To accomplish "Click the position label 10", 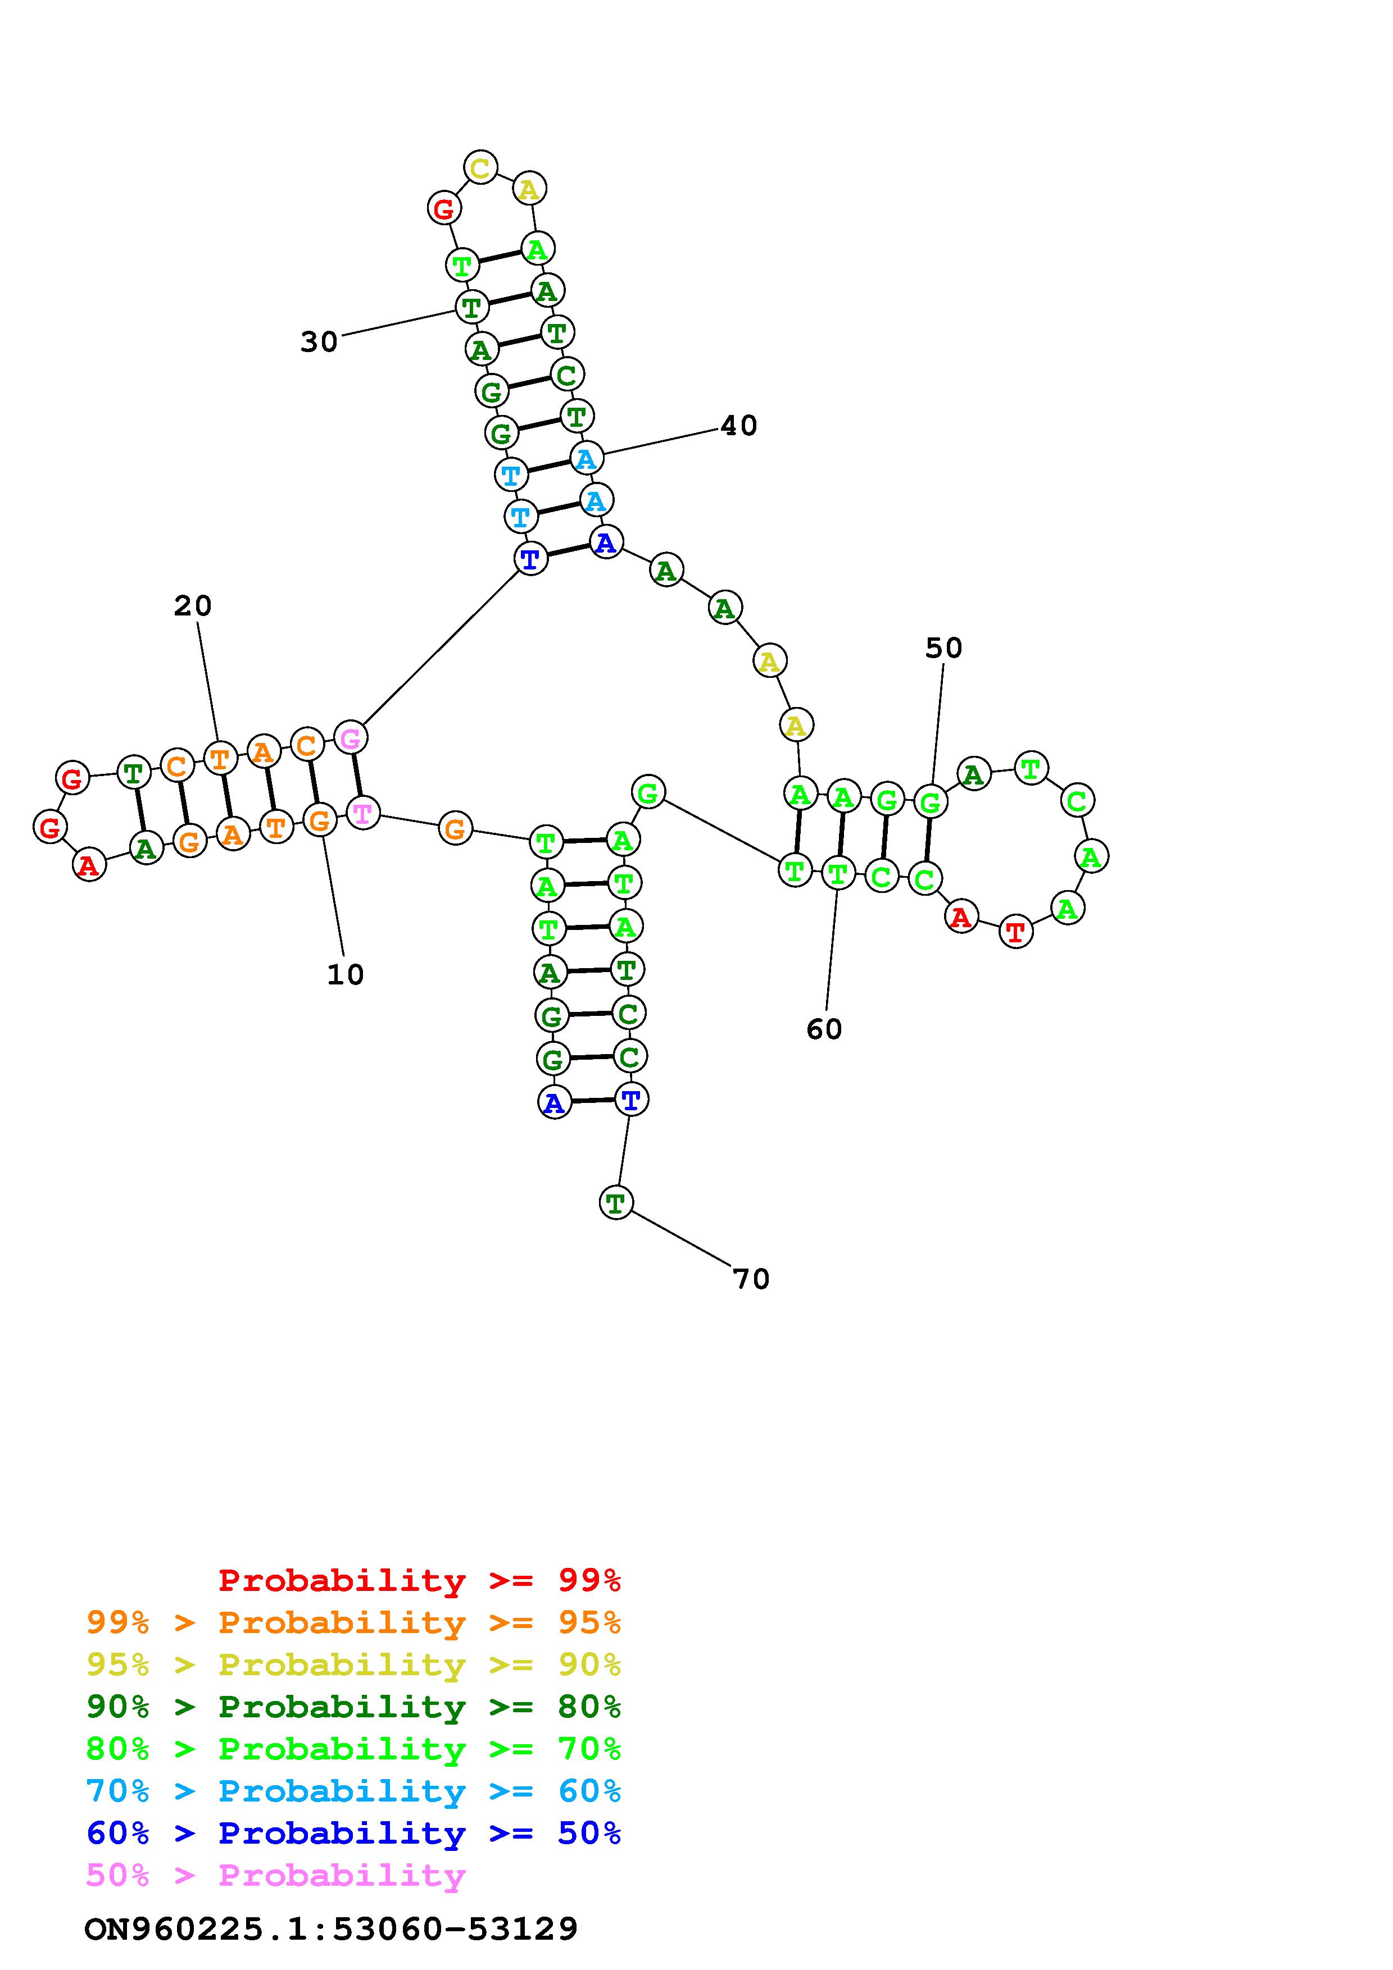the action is tap(345, 975).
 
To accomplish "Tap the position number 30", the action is tap(319, 343).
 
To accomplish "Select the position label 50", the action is tap(943, 648).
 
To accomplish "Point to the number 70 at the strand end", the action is tap(751, 1279).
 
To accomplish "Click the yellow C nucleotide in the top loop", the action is tap(480, 167).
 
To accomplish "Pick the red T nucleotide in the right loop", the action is tap(1016, 931).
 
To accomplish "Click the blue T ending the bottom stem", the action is tap(631, 1099).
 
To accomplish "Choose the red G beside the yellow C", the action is tap(444, 208).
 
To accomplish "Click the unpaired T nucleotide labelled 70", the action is tap(615, 1203).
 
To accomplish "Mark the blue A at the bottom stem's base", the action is tap(555, 1102).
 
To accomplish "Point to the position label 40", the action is tap(738, 426).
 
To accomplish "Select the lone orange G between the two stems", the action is tap(455, 829).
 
